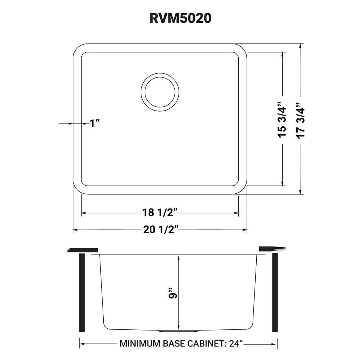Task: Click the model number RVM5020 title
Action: coord(180,18)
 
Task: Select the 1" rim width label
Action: coord(94,124)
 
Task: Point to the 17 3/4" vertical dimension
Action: coord(300,121)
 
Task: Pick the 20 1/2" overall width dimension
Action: coord(161,230)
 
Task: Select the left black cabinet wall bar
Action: coord(82,293)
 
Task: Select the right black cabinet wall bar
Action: coord(275,293)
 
